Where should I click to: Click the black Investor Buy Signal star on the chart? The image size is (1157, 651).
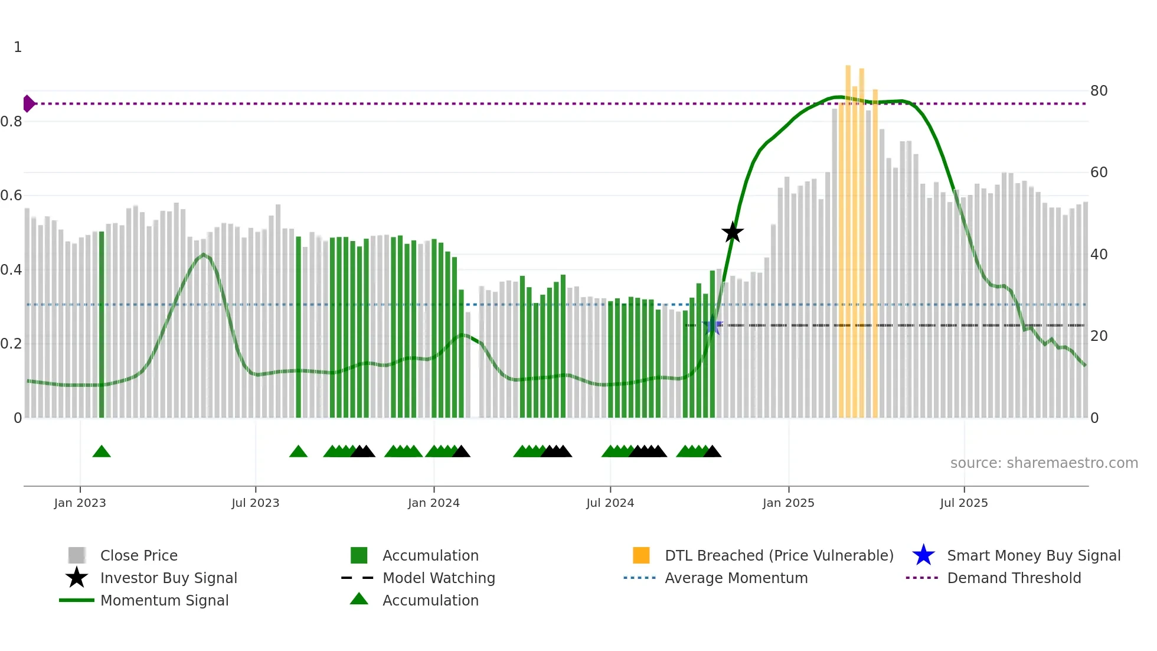[732, 233]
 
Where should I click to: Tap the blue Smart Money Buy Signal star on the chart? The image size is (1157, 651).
[712, 325]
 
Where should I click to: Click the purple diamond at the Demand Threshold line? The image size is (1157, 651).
[28, 103]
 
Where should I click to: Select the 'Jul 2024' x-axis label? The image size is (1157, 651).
[610, 503]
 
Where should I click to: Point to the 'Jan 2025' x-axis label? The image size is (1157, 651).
[788, 503]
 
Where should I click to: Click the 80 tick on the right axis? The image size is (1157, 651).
[1099, 91]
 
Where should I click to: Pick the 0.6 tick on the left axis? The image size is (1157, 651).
[12, 196]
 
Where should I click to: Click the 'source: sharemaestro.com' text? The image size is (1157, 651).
[1044, 463]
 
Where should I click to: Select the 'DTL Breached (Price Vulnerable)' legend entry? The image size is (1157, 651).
[779, 555]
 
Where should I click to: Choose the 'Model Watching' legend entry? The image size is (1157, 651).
[439, 578]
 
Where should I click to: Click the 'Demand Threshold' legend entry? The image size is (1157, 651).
[1014, 578]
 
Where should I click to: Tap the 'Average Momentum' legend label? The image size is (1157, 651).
[736, 578]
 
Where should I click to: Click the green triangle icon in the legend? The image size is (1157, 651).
[359, 599]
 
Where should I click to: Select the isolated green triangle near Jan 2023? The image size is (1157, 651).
[102, 452]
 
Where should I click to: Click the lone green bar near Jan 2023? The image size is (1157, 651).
[102, 325]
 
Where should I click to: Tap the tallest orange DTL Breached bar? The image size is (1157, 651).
[848, 236]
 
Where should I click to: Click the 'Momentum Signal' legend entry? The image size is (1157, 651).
[164, 600]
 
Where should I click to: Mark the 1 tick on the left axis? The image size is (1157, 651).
[18, 47]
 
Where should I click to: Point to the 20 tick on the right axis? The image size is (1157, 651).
[1099, 336]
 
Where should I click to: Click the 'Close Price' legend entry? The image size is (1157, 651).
[139, 555]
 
